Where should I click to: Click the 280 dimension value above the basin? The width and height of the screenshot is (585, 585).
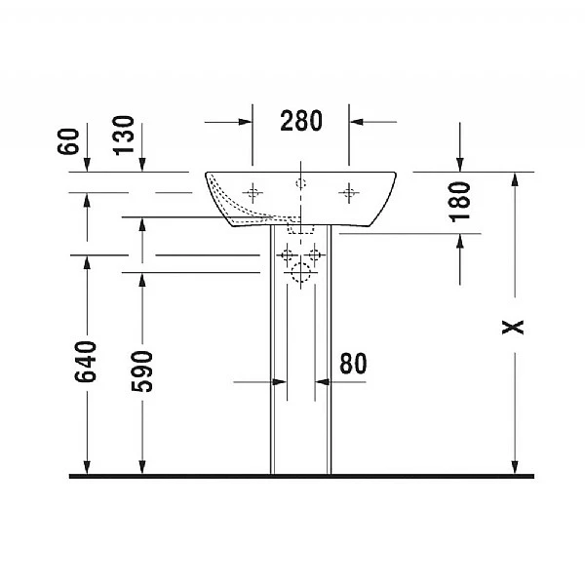(x=301, y=121)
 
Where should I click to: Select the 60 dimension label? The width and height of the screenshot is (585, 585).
(x=68, y=140)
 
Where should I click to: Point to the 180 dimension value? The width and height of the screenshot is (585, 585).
(x=460, y=200)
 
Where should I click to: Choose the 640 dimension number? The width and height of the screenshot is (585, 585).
(x=87, y=362)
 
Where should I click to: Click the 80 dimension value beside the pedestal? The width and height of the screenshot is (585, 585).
(x=353, y=364)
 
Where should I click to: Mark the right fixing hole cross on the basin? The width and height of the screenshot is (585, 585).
(x=348, y=193)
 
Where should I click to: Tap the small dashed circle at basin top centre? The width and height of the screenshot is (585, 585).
(x=301, y=182)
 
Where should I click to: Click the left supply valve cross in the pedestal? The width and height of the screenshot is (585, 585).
(x=288, y=256)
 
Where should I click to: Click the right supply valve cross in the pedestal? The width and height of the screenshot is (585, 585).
(x=314, y=256)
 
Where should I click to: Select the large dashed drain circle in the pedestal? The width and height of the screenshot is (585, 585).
(x=301, y=275)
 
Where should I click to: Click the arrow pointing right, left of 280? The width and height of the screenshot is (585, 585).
(x=244, y=122)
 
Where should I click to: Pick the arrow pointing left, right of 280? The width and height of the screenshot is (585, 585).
(x=358, y=122)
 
